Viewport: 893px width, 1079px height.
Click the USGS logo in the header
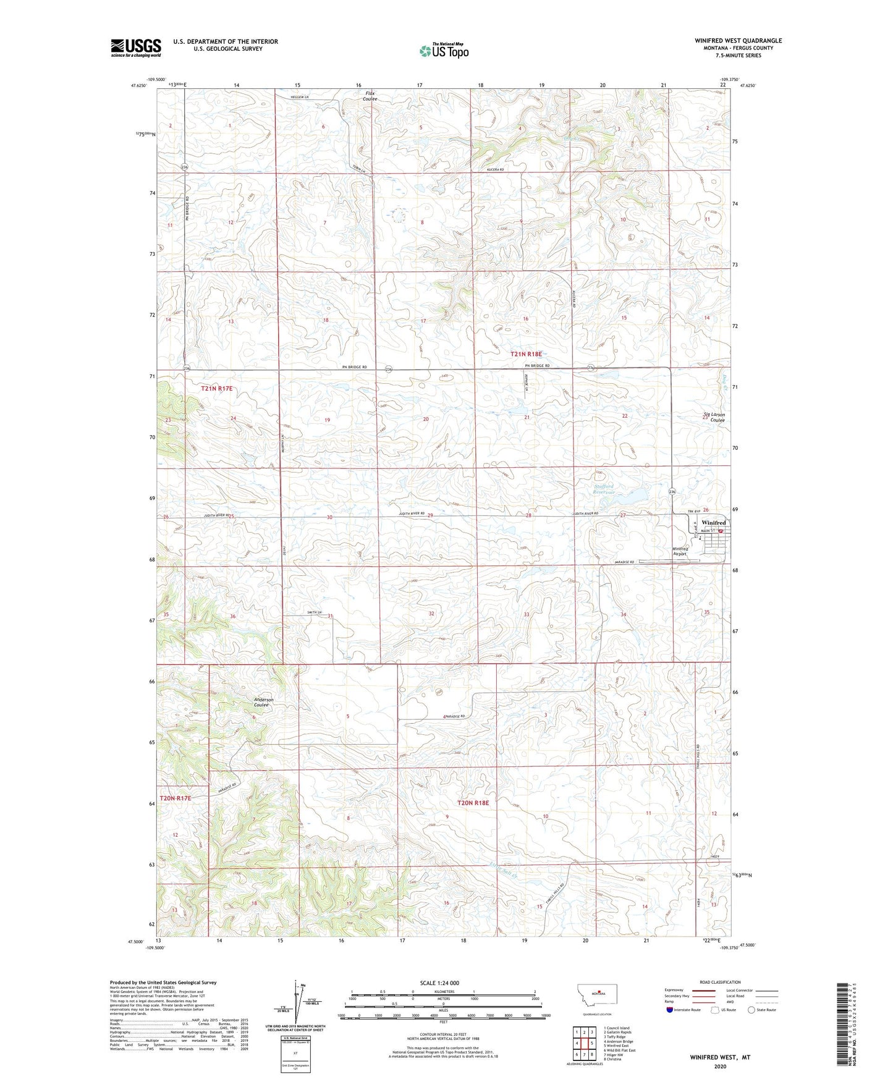coord(136,48)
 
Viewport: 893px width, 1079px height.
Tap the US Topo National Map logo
coord(443,50)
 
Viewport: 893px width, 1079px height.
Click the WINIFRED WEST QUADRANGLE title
coord(738,41)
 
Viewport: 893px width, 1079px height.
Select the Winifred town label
coord(713,523)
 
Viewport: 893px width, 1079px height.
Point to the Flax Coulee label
coord(370,96)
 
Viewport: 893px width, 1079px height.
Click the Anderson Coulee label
coord(264,702)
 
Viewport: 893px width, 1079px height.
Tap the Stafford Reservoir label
coord(604,489)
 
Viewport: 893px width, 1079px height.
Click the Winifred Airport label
coord(680,551)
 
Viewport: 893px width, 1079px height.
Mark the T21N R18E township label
coord(526,354)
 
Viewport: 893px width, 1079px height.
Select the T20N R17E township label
coord(176,798)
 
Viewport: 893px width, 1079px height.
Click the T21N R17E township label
coord(217,388)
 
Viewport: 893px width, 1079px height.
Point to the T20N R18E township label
coord(473,803)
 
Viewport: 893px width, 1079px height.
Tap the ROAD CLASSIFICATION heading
coord(720,982)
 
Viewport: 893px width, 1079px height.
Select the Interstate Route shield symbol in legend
coord(670,1010)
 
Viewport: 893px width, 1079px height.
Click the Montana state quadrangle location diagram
coord(591,994)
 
